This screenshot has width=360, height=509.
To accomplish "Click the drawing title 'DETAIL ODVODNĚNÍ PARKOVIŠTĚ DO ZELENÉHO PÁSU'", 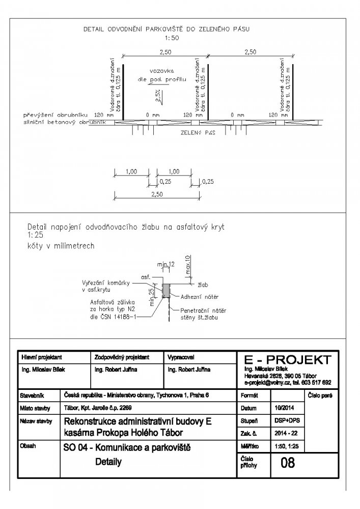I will (166, 31).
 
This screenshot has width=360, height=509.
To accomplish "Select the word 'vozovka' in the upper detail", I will (162, 71).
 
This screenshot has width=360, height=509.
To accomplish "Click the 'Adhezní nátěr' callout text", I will (198, 295).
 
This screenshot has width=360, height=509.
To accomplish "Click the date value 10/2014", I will (280, 408).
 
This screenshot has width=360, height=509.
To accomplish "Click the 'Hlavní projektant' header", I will (40, 356).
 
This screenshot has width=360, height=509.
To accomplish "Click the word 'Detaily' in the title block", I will (108, 462).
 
